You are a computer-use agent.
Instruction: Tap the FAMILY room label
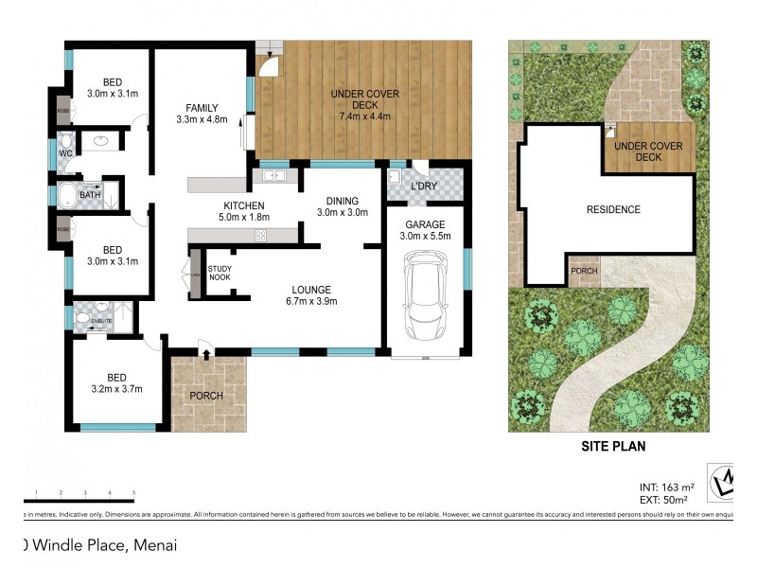(x=202, y=107)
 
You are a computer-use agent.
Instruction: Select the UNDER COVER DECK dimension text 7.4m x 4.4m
(x=364, y=116)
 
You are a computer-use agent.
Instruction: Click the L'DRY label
(x=423, y=186)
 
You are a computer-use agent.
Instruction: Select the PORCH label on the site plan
(x=584, y=270)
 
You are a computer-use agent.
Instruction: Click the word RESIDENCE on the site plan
(x=612, y=209)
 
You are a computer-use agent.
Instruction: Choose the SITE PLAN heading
(x=612, y=445)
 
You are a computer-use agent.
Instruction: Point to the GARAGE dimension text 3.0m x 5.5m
(x=425, y=237)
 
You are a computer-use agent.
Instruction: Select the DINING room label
(x=342, y=201)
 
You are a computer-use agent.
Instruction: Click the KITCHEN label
(x=243, y=205)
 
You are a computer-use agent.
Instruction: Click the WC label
(x=65, y=152)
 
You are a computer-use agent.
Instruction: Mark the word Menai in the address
(x=155, y=545)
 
